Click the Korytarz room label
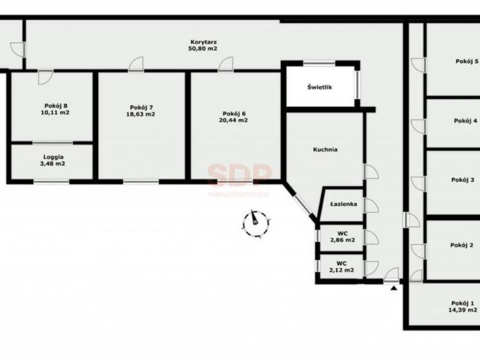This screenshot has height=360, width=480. (x=203, y=42)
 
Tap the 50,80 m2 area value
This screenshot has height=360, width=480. (x=203, y=49)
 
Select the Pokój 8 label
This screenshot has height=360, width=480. (x=56, y=106)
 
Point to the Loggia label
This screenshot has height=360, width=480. (x=53, y=157)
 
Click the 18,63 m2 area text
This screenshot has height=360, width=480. (x=141, y=114)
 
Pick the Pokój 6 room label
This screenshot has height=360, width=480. (x=234, y=113)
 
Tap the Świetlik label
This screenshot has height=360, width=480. (x=320, y=87)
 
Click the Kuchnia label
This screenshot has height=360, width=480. (x=325, y=149)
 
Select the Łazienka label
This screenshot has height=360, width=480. (x=343, y=204)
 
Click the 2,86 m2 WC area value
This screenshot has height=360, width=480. (x=343, y=241)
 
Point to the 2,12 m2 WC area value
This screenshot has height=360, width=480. (x=341, y=271)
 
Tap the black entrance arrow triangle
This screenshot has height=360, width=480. (x=394, y=288)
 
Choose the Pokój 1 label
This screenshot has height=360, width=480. (x=463, y=303)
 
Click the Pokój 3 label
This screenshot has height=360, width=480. (x=463, y=179)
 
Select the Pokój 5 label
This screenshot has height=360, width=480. (x=467, y=61)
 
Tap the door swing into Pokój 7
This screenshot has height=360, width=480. (x=136, y=65)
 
